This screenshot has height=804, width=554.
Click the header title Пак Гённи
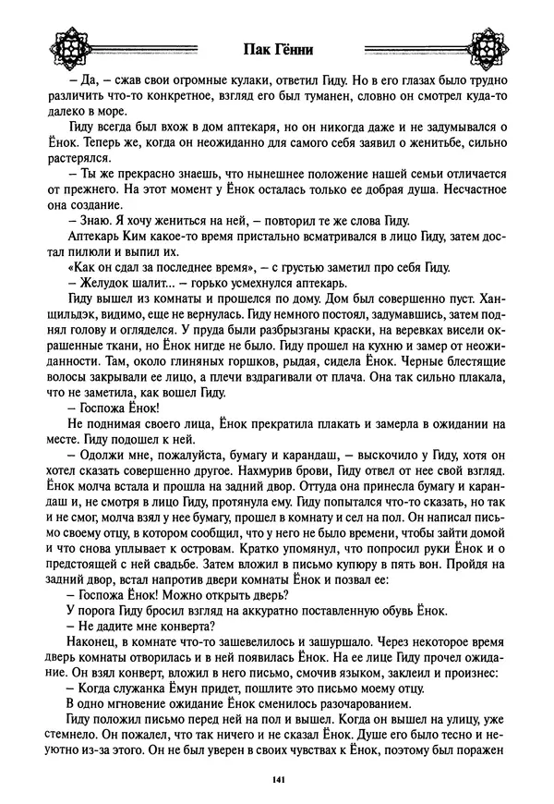pos(277,51)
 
